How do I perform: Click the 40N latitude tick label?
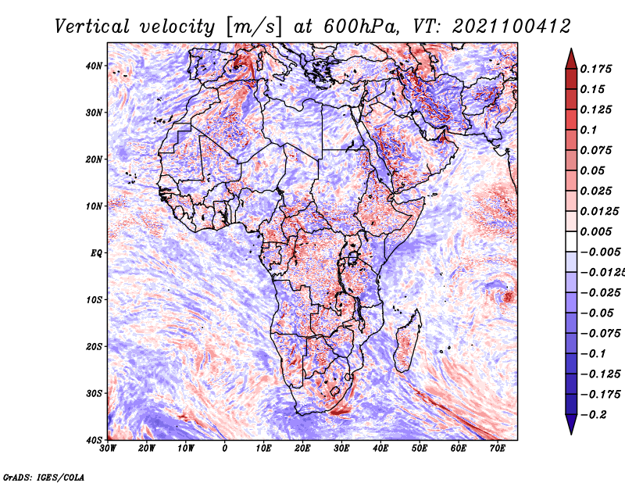[x=94, y=66]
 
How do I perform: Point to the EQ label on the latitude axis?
[x=96, y=253]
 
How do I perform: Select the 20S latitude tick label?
[x=94, y=346]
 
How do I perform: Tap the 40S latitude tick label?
[x=94, y=440]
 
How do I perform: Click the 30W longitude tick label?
[x=108, y=449]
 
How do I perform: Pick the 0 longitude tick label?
[x=225, y=449]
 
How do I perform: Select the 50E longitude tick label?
[x=420, y=449]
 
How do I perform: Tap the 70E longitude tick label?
[x=498, y=449]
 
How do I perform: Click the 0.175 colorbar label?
[x=596, y=70]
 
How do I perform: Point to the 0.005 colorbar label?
[x=596, y=231]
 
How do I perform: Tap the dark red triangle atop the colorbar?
[x=571, y=61]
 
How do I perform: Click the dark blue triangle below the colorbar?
[x=571, y=423]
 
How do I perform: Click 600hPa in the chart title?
[x=362, y=27]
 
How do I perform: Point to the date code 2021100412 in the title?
[x=512, y=27]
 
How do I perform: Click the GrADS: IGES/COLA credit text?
[x=44, y=477]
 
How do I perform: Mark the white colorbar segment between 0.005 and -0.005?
[x=571, y=241]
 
